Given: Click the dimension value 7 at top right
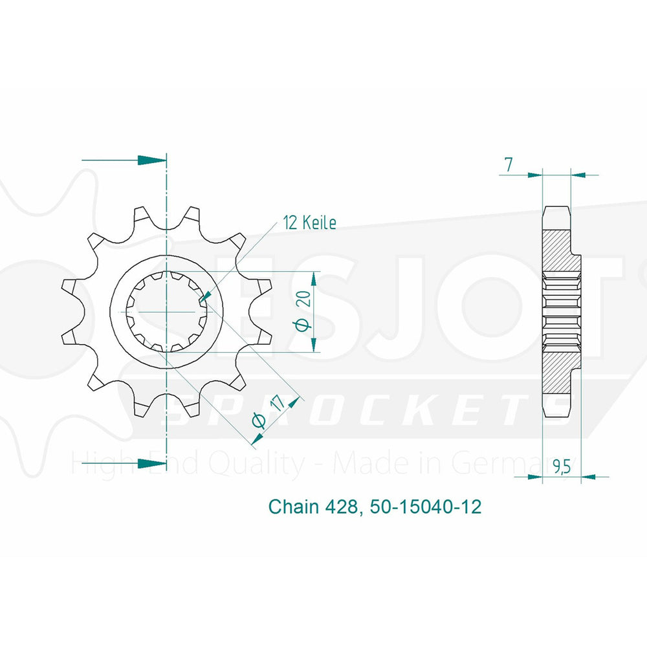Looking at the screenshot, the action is click(x=509, y=164).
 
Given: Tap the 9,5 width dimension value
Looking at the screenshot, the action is click(x=562, y=466).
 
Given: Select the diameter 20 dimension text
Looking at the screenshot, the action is click(x=305, y=311).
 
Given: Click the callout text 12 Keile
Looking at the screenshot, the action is click(x=309, y=223).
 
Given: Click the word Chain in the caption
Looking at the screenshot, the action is click(x=294, y=507).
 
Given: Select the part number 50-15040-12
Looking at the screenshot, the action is click(x=426, y=507).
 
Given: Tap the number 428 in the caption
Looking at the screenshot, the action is click(x=342, y=507).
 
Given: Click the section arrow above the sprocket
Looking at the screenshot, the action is click(x=124, y=160).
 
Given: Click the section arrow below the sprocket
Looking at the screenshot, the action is click(x=124, y=463).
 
